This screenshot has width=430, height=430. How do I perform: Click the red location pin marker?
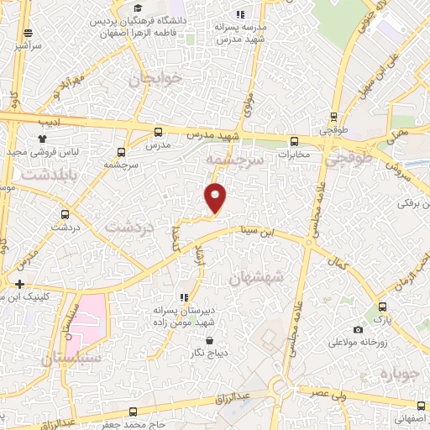click(216, 197)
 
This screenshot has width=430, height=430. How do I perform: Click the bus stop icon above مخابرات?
click(294, 141)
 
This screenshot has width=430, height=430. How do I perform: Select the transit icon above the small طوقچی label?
click(334, 118)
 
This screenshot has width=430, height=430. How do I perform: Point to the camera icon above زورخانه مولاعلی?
click(359, 330)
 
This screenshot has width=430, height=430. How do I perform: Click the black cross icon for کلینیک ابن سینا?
click(19, 285)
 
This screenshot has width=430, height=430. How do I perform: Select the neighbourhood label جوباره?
click(399, 373)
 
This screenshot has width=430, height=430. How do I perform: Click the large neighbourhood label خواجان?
click(155, 80)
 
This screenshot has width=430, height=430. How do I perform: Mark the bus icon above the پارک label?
click(382, 307)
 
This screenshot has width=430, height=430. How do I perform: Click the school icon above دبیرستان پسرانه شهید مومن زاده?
click(184, 297)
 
